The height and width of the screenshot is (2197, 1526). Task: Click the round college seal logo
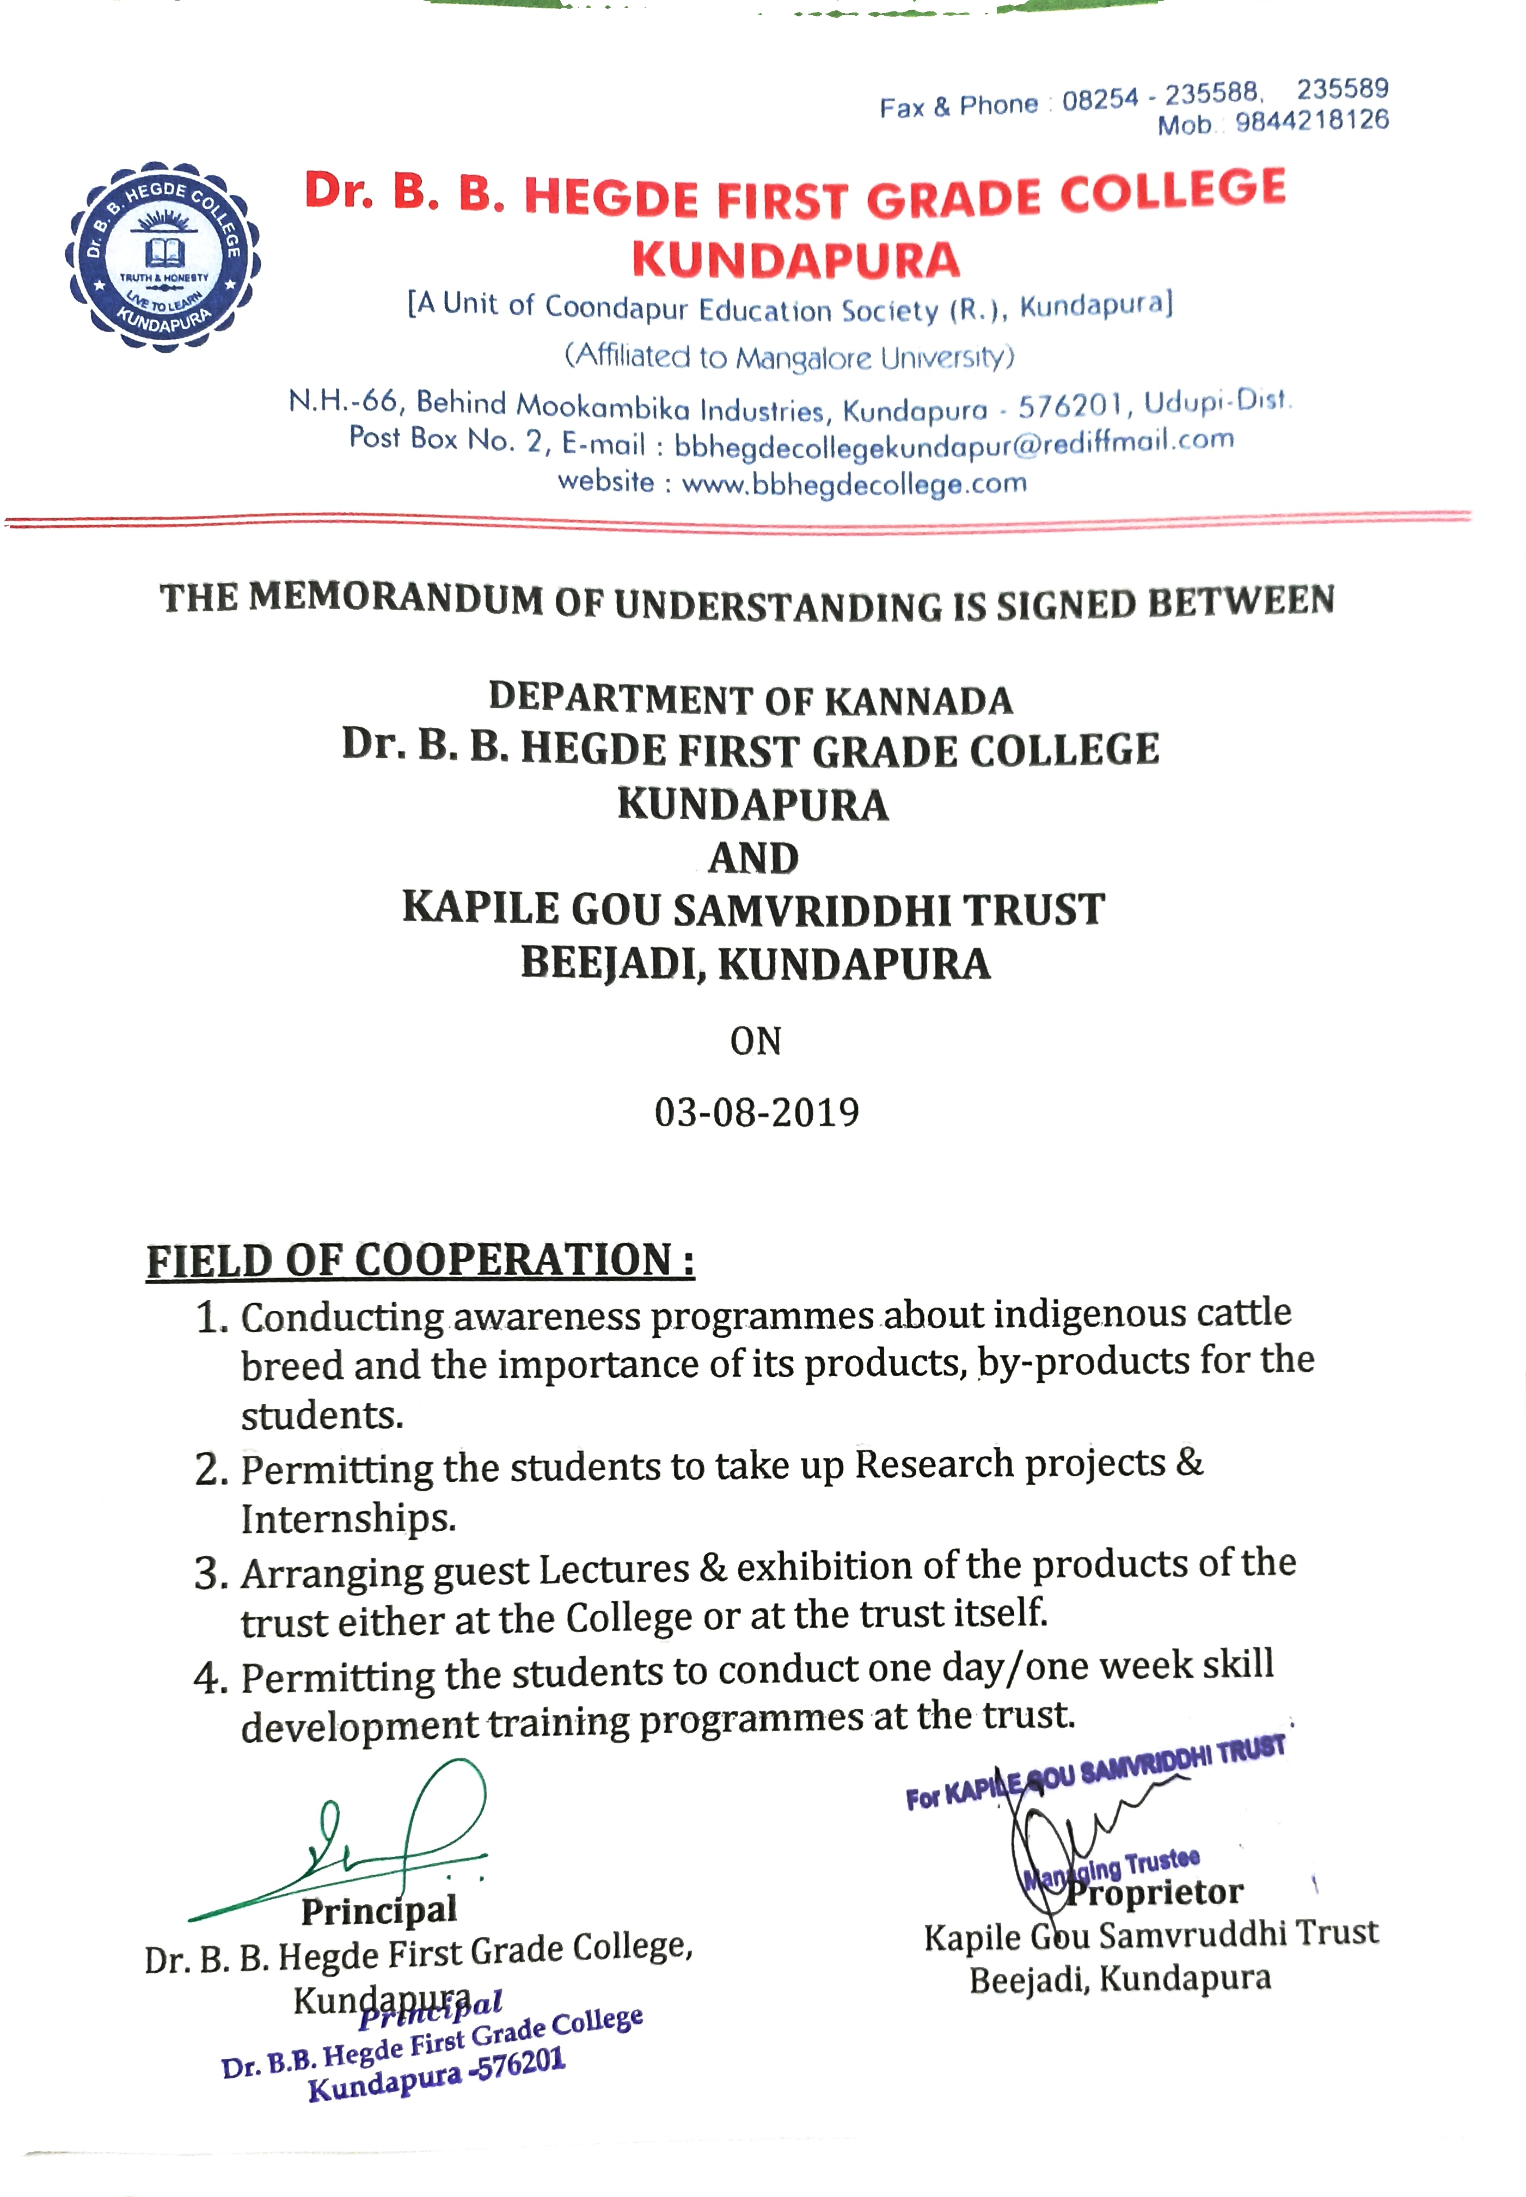coord(163,256)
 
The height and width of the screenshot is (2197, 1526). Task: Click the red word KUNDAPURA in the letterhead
coord(795,261)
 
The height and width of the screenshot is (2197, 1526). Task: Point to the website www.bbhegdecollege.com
coord(854,484)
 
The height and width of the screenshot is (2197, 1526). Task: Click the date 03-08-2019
coord(756,1112)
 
